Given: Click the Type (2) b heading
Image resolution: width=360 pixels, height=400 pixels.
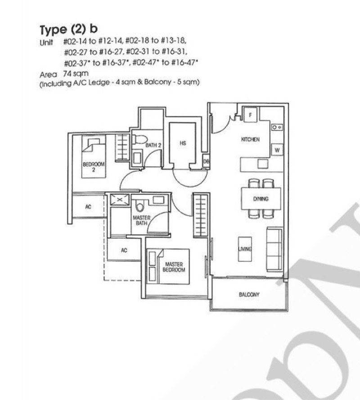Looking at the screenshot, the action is coord(69,29).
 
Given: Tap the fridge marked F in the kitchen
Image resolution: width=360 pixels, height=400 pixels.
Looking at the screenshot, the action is coord(250,115).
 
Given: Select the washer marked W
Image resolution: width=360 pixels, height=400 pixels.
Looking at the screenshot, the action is coord(277,150).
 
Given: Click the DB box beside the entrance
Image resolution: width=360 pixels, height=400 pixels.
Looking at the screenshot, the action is coord(206,162).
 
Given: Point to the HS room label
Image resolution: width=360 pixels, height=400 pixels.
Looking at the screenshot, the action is coord(183,143).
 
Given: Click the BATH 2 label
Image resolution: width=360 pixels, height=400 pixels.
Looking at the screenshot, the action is coord(153,145).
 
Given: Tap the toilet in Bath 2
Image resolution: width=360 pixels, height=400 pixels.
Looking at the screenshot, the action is coord(139,139).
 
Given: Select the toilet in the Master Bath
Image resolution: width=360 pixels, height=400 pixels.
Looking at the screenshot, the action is coord(139,206).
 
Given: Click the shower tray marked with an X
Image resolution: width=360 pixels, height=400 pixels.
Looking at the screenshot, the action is coord(120,199).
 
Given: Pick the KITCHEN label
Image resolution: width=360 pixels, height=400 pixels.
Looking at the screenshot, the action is coord(250,139).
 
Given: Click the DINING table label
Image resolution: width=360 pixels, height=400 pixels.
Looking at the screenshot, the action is coord(261,199).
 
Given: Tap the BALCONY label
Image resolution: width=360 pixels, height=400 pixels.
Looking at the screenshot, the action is coord(249,294).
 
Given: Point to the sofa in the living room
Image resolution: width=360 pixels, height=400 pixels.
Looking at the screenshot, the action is coord(274,249).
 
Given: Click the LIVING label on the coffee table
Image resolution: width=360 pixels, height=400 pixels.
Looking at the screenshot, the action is coord(245,249).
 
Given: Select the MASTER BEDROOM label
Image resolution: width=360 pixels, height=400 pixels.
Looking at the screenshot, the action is coord(174,267).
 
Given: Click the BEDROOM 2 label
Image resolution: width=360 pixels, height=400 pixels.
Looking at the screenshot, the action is coord(94,166).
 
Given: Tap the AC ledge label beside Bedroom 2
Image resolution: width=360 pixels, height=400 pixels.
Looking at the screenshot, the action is coord(88,207).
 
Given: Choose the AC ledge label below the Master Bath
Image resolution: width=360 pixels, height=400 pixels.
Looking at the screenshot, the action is coord(124,250).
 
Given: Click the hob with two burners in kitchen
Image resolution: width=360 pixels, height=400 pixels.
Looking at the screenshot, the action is coord(277,127).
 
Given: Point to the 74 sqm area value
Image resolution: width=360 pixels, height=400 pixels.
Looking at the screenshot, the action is coord(76,73).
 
